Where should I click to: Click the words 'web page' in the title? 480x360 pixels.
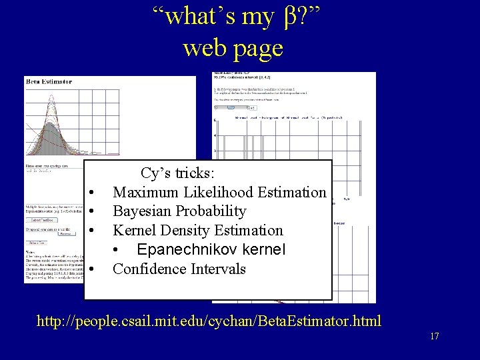coord(233,47)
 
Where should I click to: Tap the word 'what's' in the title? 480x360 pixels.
coord(193,17)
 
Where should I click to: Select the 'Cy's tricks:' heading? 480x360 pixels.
coord(177,173)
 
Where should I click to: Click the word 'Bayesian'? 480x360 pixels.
coord(142,211)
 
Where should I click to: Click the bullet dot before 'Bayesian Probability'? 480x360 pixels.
coord(90,212)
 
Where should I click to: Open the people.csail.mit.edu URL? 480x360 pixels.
coord(209,321)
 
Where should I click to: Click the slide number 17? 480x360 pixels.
coord(434,336)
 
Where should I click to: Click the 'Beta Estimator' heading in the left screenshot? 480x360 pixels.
coord(49,81)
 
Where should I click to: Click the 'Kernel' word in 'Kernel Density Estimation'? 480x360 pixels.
coord(131,231)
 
